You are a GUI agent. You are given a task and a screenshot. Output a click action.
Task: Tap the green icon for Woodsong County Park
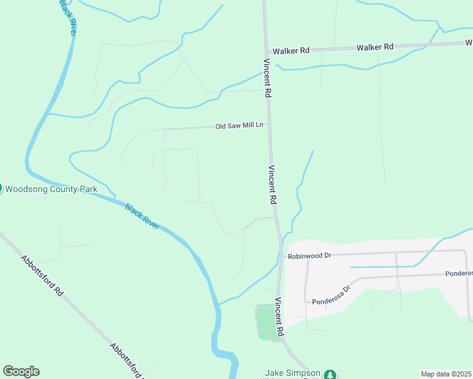pyautogui.click(x=1, y=188)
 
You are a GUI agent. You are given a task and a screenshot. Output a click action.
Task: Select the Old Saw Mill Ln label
pyautogui.click(x=239, y=126)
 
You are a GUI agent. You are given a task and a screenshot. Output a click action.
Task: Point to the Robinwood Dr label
pyautogui.click(x=309, y=256)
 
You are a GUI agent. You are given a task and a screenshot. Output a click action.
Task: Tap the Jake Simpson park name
pyautogui.click(x=292, y=373)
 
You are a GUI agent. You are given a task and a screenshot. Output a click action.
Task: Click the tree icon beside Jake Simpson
pyautogui.click(x=329, y=375)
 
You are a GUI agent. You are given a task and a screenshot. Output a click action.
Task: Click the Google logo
pyautogui.click(x=21, y=371)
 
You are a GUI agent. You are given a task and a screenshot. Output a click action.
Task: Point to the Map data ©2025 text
pyautogui.click(x=446, y=374)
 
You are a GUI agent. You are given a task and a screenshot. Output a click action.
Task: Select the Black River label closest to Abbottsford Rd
pyautogui.click(x=142, y=216)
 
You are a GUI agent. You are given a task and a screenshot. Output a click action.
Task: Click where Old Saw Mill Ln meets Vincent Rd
pyautogui.click(x=269, y=125)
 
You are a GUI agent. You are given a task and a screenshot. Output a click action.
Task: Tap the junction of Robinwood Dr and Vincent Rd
pyautogui.click(x=280, y=256)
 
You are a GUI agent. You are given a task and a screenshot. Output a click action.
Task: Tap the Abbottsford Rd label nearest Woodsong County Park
pyautogui.click(x=42, y=277)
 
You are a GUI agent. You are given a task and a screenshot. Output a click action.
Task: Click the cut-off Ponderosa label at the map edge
pyautogui.click(x=458, y=273)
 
